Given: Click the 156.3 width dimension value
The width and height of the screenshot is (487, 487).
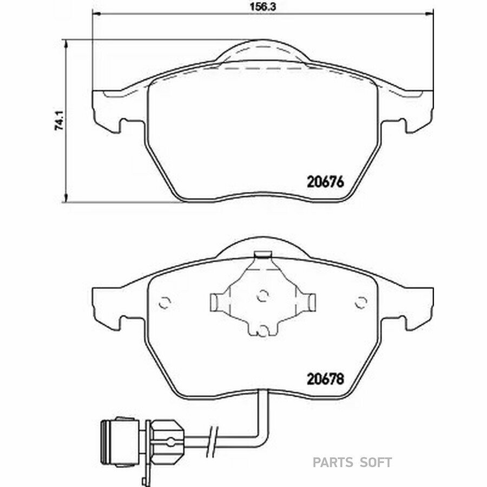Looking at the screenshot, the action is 263,7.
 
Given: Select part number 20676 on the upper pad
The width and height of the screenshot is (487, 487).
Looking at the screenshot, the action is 326,182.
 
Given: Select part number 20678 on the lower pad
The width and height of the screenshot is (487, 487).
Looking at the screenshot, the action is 326,379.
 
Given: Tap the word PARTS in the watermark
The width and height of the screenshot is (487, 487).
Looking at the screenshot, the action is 332,463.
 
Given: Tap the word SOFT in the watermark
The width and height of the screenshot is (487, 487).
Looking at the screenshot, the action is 376,463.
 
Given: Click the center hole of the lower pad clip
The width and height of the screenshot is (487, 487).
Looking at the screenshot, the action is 263,295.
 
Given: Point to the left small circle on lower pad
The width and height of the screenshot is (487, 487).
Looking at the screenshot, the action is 164,302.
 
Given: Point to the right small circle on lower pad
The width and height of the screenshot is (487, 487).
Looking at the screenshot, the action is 361,302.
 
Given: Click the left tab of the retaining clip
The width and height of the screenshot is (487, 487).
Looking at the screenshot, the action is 218,301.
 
